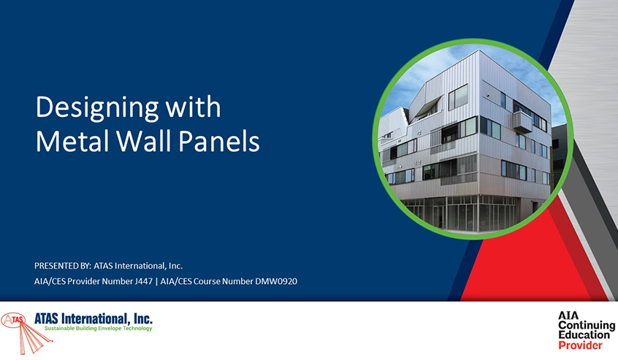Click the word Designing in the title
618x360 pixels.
[x=97, y=108]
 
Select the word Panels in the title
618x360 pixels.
[x=219, y=142]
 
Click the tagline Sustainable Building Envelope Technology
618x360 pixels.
[x=98, y=328]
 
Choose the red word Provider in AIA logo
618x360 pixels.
[x=580, y=345]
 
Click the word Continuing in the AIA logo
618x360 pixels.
[x=587, y=326]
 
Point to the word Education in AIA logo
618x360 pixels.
[x=584, y=335]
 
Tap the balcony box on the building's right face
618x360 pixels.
[x=522, y=122]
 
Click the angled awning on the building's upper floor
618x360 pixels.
[x=427, y=105]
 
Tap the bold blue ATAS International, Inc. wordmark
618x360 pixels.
[x=94, y=318]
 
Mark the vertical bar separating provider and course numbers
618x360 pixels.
[x=156, y=281]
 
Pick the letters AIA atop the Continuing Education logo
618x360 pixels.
[x=568, y=315]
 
